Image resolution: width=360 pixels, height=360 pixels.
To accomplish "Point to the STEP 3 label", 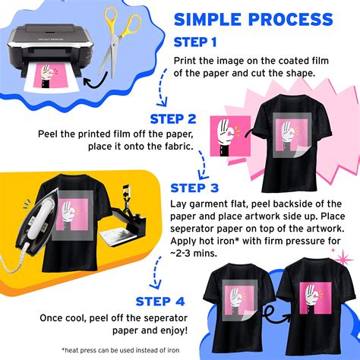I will click(x=195, y=188).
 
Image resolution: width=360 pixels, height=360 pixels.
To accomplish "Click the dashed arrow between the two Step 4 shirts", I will click(x=270, y=310).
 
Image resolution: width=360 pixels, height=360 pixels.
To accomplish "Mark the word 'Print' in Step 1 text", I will click(x=185, y=59).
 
